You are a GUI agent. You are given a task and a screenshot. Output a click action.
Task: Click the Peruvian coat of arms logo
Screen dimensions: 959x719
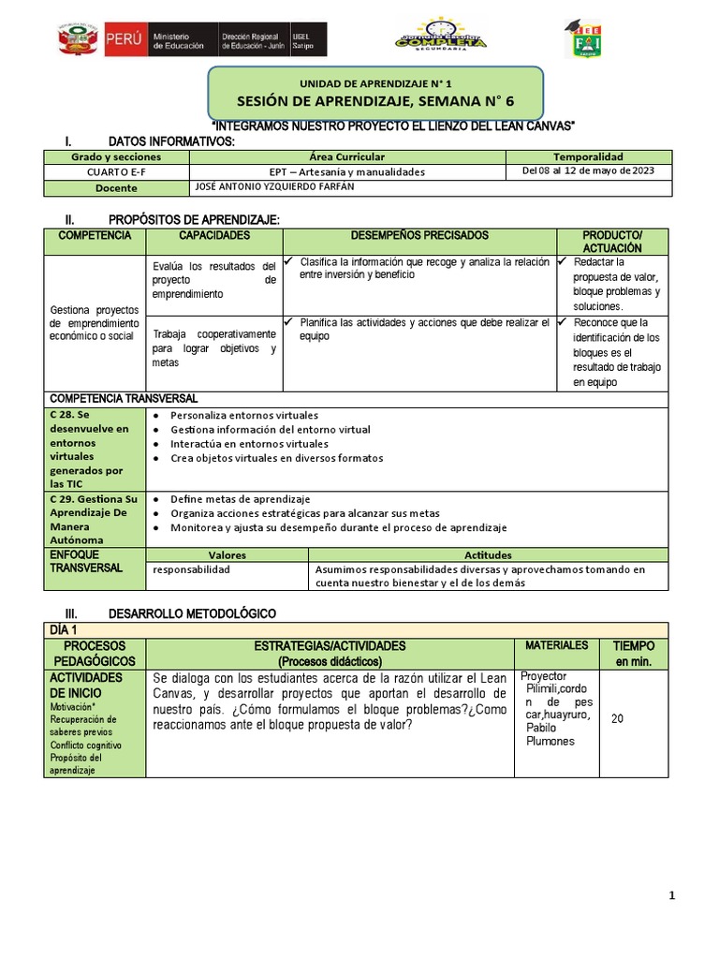pyautogui.click(x=76, y=41)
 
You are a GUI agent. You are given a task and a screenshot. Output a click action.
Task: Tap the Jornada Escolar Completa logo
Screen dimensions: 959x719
pyautogui.click(x=440, y=37)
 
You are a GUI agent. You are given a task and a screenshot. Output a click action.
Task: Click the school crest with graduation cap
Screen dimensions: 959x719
pyautogui.click(x=587, y=39)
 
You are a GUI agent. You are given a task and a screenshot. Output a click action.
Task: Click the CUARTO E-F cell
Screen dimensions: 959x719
pyautogui.click(x=117, y=172)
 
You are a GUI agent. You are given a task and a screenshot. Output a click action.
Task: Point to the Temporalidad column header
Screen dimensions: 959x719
pyautogui.click(x=588, y=157)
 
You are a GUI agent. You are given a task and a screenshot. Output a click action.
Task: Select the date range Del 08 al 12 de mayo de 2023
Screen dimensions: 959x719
pyautogui.click(x=588, y=171)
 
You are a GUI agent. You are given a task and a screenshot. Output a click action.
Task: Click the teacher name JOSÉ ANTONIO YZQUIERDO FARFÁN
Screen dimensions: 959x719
pyautogui.click(x=274, y=187)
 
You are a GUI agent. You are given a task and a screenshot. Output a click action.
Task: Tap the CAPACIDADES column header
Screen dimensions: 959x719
pyautogui.click(x=214, y=236)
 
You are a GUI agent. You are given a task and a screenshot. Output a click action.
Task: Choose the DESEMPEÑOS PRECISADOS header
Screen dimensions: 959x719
pyautogui.click(x=419, y=236)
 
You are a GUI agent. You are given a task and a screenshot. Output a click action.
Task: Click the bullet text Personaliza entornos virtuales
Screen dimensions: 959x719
pyautogui.click(x=244, y=415)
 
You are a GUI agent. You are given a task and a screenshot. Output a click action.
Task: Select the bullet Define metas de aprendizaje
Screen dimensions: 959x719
pyautogui.click(x=240, y=499)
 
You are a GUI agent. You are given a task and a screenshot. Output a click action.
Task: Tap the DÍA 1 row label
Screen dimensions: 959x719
pyautogui.click(x=65, y=629)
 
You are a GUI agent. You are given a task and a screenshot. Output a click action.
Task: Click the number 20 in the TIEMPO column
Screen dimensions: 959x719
pyautogui.click(x=617, y=718)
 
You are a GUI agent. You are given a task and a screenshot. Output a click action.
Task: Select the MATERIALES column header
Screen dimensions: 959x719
pyautogui.click(x=556, y=645)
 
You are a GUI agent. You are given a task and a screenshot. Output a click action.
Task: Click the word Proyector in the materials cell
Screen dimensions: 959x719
pyautogui.click(x=543, y=676)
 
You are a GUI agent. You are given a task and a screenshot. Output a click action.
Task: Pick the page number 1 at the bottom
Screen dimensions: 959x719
pyautogui.click(x=671, y=896)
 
